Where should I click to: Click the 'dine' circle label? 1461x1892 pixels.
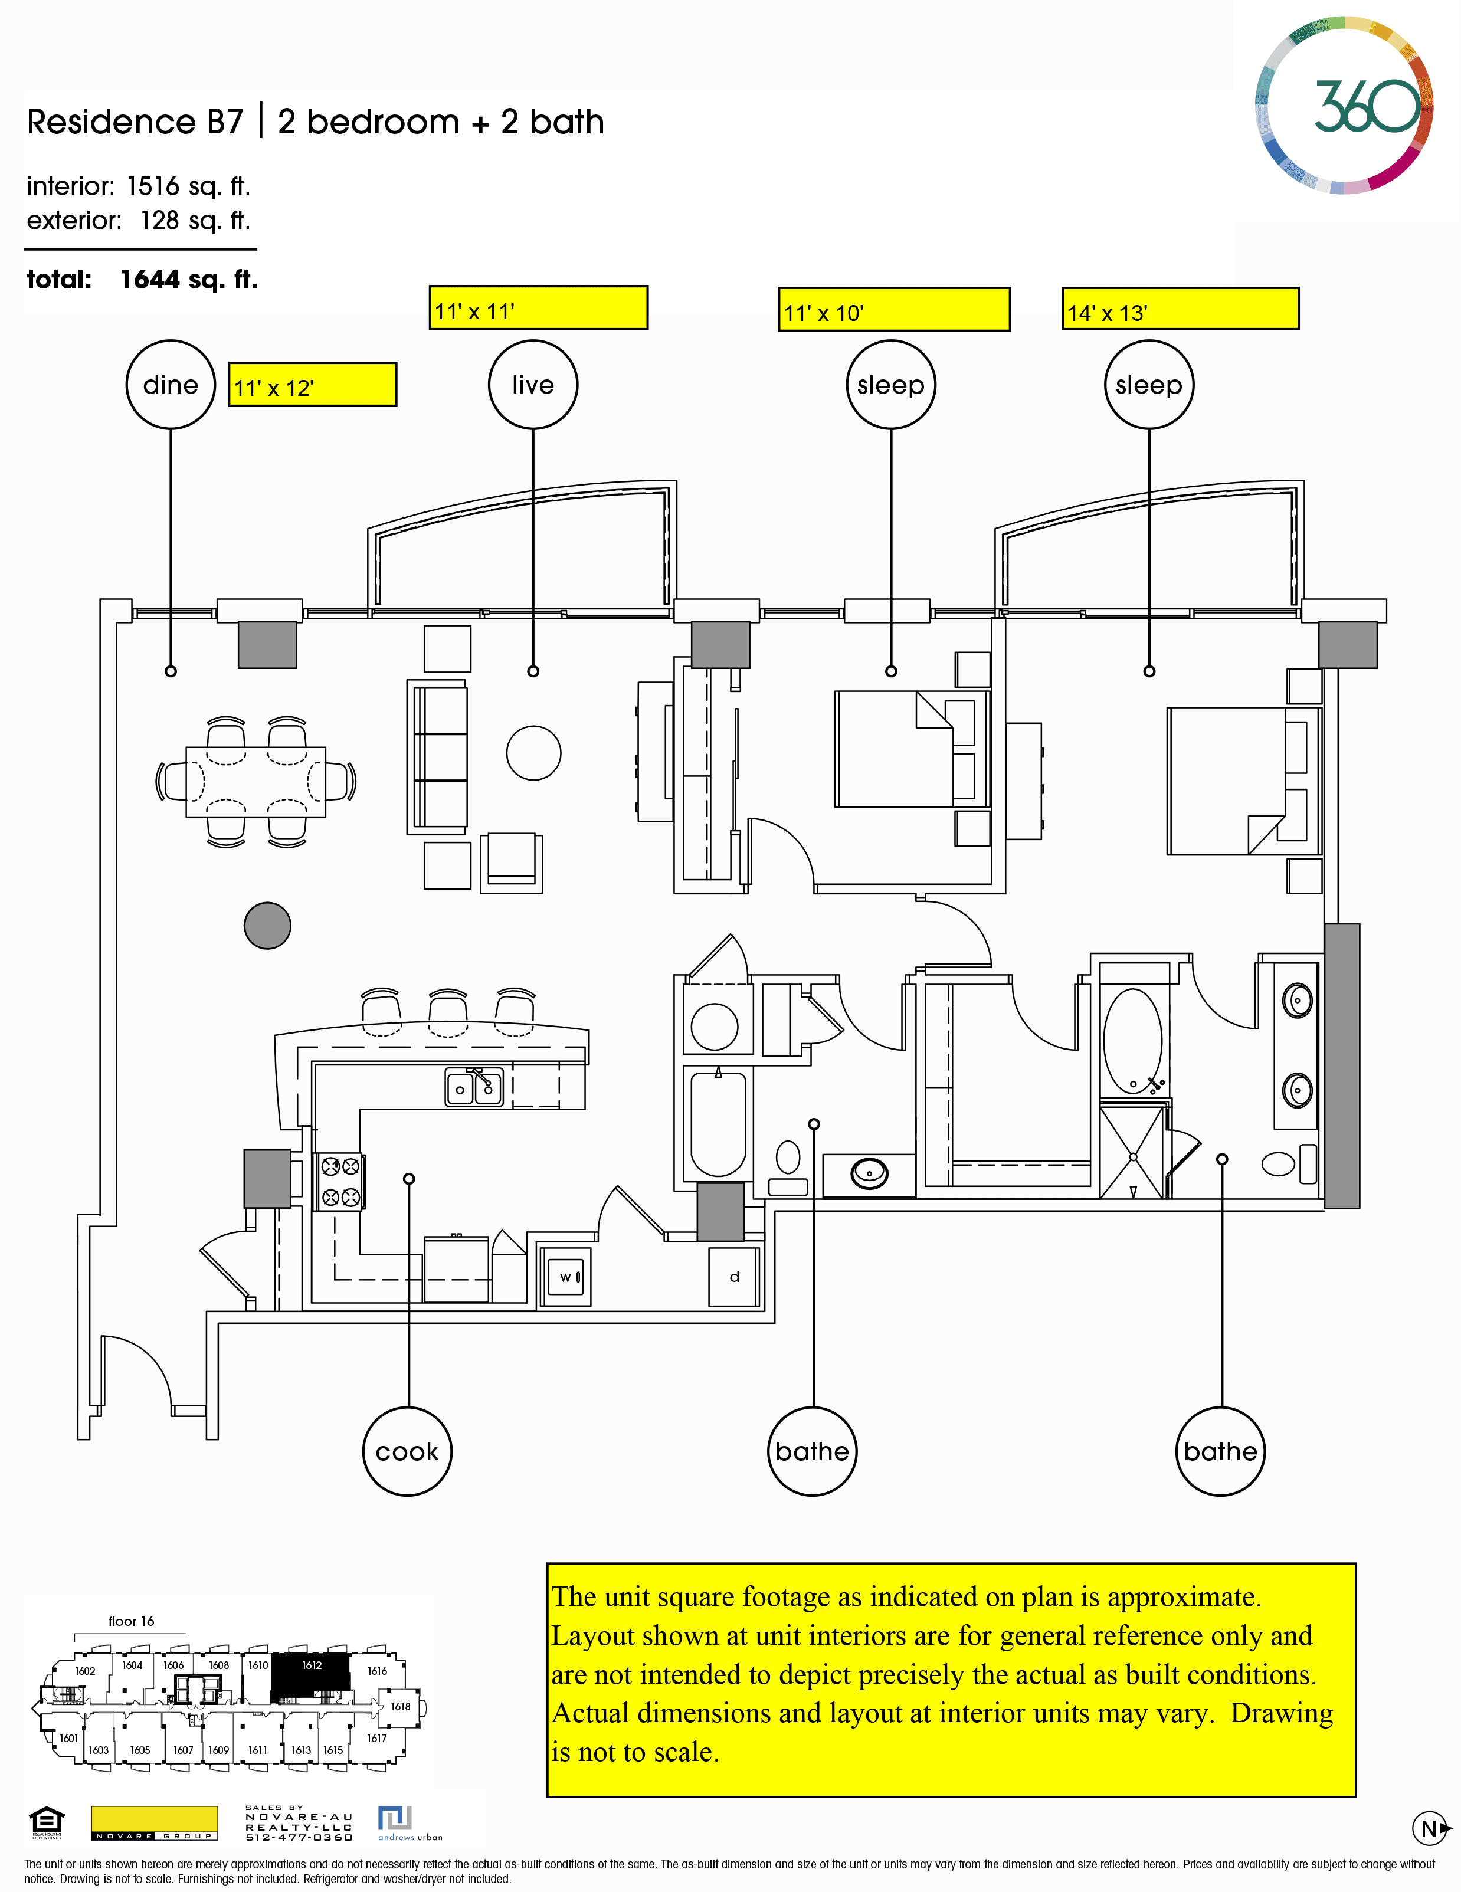pos(171,385)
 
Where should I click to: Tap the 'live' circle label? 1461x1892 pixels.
pos(532,385)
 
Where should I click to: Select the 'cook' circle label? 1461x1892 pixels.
pos(407,1451)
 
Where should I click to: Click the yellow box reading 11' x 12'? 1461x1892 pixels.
pos(312,385)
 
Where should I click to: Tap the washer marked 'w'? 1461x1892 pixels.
pos(566,1277)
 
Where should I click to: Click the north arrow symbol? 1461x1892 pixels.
pos(1430,1829)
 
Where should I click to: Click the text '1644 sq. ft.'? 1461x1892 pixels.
pos(189,279)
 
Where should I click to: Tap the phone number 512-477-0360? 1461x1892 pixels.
pos(299,1837)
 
